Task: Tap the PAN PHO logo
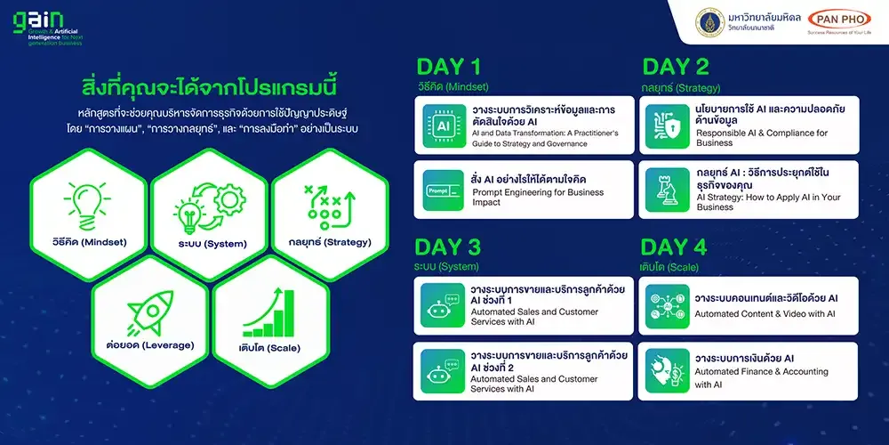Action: (x=839, y=20)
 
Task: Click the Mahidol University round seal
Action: (x=685, y=20)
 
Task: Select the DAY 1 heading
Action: (x=449, y=67)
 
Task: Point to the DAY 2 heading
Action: (x=676, y=67)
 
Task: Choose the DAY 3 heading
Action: (x=449, y=247)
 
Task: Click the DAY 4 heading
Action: (x=676, y=247)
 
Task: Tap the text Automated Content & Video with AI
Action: (x=765, y=313)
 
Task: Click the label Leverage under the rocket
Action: (x=148, y=344)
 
